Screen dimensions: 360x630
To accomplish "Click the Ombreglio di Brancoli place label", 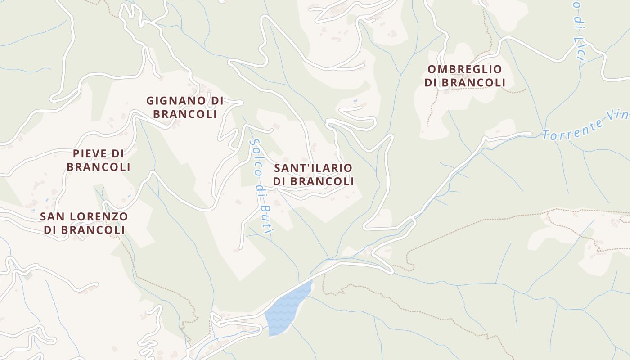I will point(465,76).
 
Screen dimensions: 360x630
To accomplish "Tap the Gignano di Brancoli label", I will point(185,107).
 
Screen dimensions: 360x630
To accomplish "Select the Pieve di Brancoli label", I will point(99,160).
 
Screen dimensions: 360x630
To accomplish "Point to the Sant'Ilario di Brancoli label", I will point(313,175).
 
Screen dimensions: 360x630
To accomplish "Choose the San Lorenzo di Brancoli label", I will point(84,223).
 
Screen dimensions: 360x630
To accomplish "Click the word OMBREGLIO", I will point(465,69).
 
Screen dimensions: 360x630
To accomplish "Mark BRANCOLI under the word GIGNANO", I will point(185,114).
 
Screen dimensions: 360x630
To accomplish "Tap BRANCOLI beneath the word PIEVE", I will point(99,167).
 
